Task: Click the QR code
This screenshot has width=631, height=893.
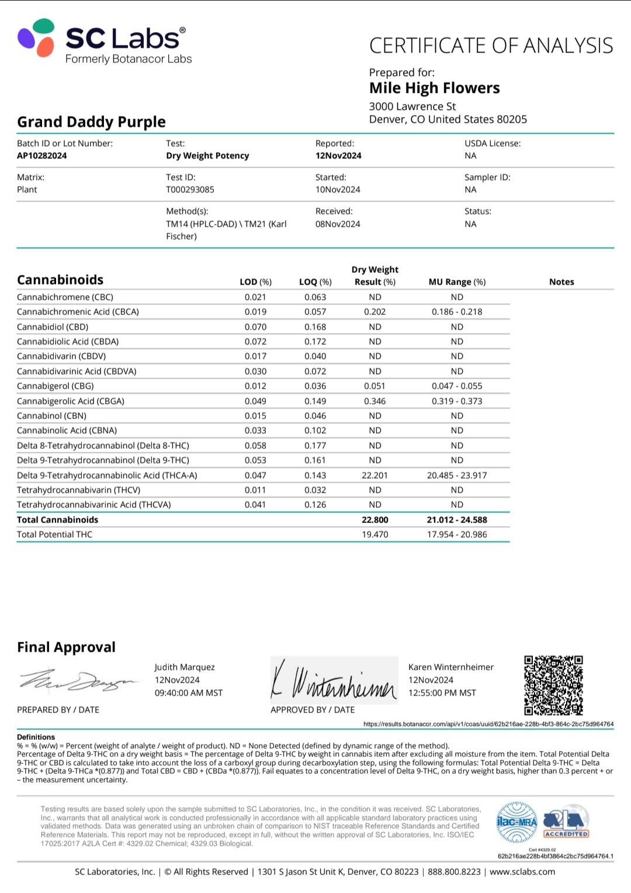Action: point(553,685)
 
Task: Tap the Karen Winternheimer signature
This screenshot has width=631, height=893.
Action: point(334,681)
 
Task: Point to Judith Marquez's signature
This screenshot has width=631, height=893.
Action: point(79,680)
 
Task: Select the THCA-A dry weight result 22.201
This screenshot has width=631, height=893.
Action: point(375,475)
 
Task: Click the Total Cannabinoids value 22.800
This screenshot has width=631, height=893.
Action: point(375,520)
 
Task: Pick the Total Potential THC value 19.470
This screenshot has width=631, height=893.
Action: point(375,534)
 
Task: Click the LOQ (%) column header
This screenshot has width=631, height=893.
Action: point(315,282)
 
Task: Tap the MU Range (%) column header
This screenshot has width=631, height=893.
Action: point(457,282)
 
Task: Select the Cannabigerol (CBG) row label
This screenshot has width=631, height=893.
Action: point(56,386)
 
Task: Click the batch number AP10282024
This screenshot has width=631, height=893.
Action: point(42,155)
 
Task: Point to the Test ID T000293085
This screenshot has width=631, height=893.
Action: point(190,189)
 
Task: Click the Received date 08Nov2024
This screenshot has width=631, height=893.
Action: point(338,224)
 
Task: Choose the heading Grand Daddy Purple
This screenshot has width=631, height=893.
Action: point(91,122)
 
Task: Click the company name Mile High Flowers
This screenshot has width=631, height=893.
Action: point(434,88)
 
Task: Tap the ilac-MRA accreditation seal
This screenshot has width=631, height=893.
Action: point(516,822)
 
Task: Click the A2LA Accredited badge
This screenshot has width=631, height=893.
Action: point(566,824)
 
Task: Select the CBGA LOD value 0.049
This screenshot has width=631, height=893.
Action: point(255,401)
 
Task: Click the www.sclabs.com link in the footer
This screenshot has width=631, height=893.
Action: point(522,871)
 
